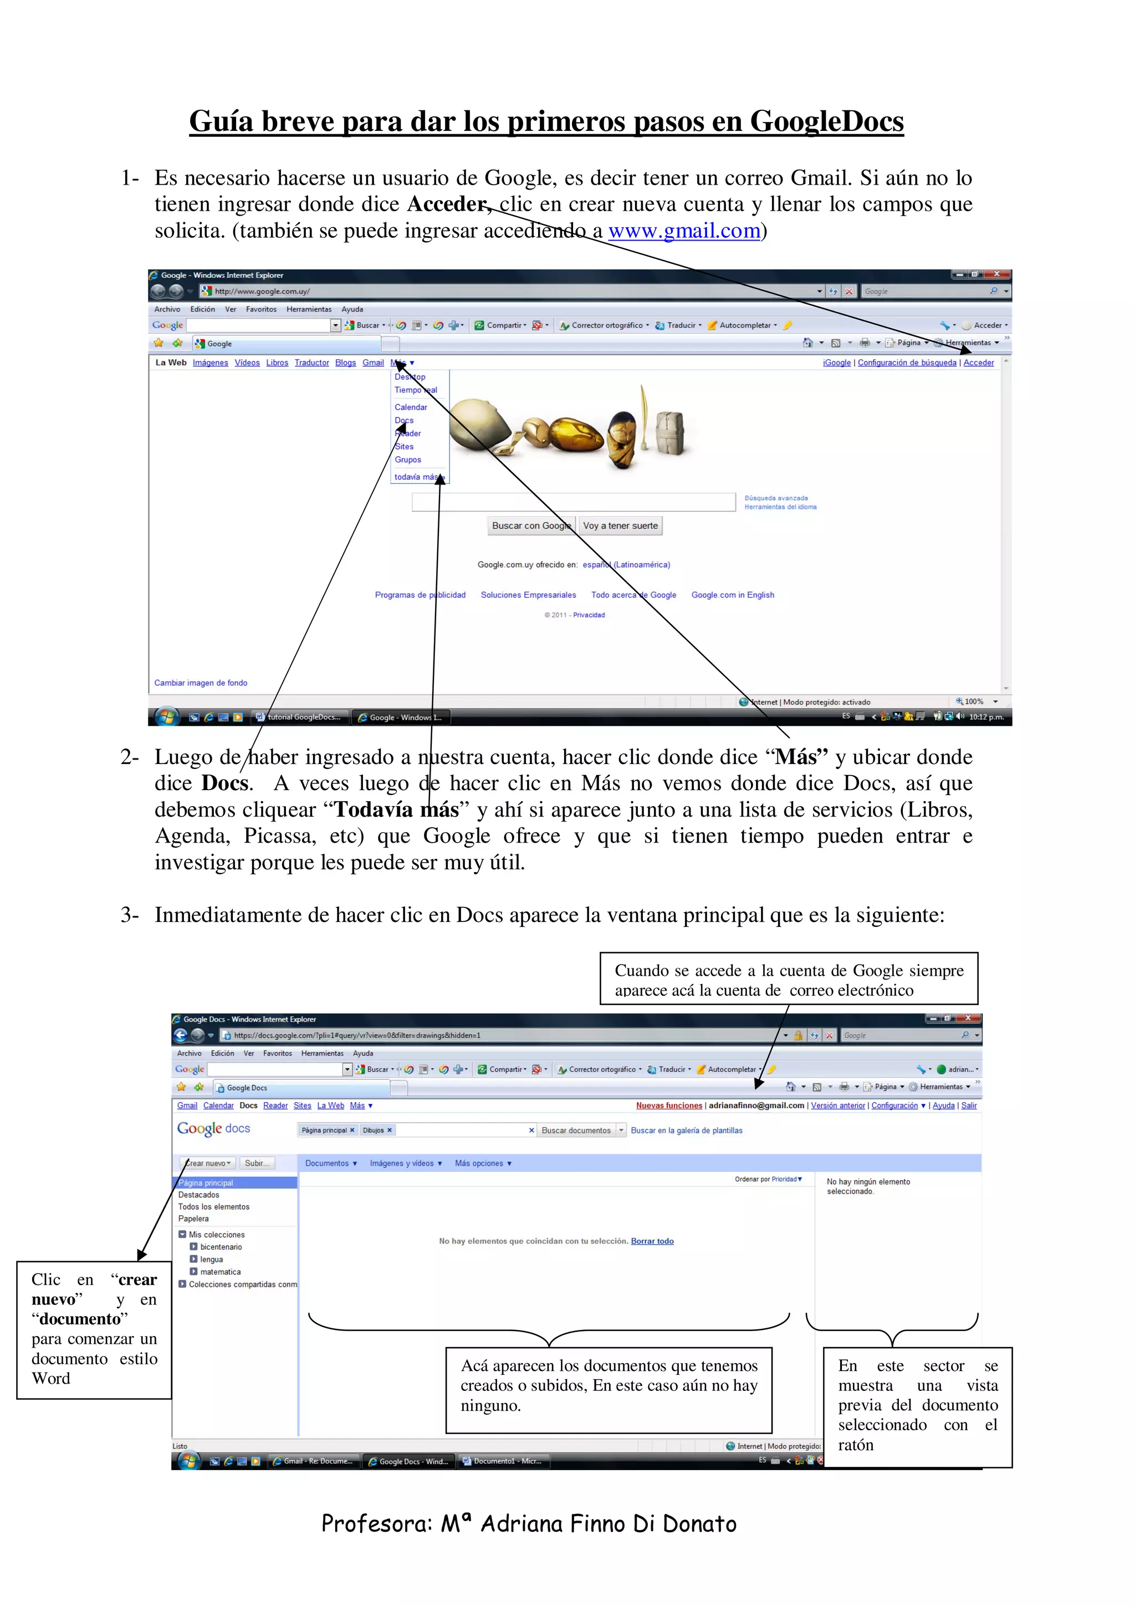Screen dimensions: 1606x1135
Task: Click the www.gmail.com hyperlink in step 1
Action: (683, 231)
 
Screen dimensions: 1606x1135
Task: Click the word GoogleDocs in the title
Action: (827, 122)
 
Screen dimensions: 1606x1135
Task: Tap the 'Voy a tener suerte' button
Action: (620, 526)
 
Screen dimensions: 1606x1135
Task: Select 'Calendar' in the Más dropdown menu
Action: (411, 407)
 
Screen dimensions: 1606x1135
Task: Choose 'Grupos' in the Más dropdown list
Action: (408, 460)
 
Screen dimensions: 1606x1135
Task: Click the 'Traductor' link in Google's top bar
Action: (311, 363)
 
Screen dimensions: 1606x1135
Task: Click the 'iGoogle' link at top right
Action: (836, 363)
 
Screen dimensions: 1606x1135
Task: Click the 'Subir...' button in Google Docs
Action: (257, 1163)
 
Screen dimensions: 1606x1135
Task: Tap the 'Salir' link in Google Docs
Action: (969, 1105)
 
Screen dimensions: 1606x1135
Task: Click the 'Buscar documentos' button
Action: (576, 1130)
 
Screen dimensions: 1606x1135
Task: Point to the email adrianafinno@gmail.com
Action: (756, 1105)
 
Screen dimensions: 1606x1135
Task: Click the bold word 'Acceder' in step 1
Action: (446, 204)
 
